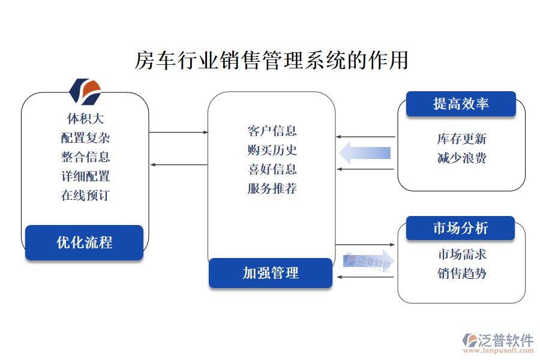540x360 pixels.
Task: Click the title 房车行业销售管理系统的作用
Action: (x=271, y=61)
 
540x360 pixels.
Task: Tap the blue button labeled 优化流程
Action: (x=84, y=242)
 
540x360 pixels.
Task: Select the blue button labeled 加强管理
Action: (x=270, y=273)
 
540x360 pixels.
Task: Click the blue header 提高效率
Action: (x=461, y=104)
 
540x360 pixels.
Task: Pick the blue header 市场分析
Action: (x=460, y=228)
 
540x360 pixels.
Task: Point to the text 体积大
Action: (x=85, y=119)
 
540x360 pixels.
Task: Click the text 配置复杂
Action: (x=85, y=138)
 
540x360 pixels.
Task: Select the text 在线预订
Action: (x=85, y=195)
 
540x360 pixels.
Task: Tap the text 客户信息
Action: (x=272, y=131)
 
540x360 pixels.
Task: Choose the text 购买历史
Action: (x=272, y=150)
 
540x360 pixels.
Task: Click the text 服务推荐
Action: (x=272, y=188)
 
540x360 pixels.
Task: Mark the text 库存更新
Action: (x=461, y=139)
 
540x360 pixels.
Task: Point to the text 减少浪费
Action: (x=461, y=158)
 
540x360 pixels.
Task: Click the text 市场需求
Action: (x=461, y=254)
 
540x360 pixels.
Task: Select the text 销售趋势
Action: (x=461, y=274)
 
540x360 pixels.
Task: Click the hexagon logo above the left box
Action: (x=85, y=91)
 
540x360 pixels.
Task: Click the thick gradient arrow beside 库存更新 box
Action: (x=365, y=152)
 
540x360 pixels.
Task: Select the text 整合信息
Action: (x=85, y=157)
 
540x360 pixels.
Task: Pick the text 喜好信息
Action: (x=272, y=169)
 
